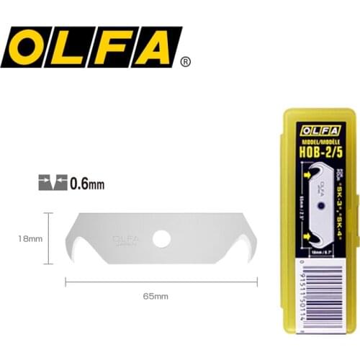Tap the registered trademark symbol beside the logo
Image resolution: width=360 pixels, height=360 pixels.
click(186, 63)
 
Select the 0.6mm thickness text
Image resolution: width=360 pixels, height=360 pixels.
click(87, 184)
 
